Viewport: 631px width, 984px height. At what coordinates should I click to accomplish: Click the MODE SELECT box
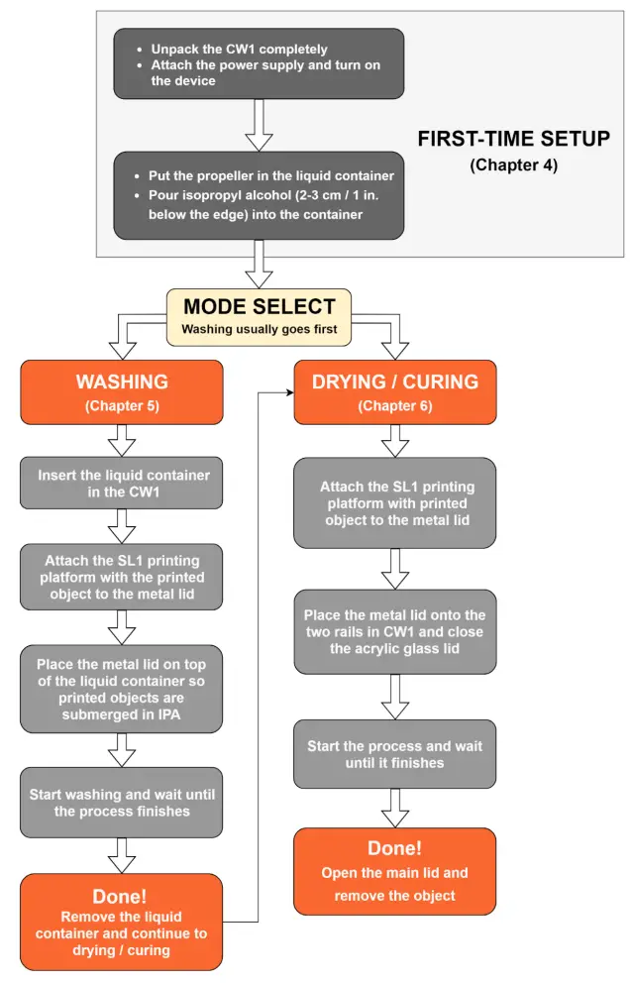tap(260, 317)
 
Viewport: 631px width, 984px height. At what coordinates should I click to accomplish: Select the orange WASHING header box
tap(122, 391)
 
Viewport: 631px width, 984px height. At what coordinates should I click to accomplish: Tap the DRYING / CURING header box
tap(394, 391)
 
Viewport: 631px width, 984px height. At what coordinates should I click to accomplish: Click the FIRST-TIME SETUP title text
tap(513, 139)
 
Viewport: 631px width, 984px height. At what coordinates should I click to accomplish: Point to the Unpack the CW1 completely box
tap(259, 63)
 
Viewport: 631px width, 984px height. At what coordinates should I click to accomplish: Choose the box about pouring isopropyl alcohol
tap(259, 195)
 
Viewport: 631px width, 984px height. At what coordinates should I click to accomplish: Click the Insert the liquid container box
tap(122, 484)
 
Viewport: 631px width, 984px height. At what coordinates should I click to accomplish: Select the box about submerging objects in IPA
tap(122, 689)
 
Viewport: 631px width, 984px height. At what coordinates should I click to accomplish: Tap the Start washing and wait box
tap(122, 803)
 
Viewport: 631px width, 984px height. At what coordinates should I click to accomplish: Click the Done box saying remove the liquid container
tap(122, 922)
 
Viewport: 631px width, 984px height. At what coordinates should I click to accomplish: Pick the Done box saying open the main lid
tap(394, 871)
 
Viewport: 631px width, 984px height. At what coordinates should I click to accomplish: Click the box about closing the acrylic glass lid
tap(394, 631)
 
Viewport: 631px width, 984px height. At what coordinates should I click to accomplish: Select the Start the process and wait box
tap(394, 754)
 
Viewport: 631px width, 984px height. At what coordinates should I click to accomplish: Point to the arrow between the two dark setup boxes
tap(259, 125)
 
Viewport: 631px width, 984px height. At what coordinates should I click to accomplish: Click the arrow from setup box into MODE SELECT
tap(260, 264)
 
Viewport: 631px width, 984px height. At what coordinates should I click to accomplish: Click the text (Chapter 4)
tap(513, 165)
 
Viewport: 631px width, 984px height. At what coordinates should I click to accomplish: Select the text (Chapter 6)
tap(394, 406)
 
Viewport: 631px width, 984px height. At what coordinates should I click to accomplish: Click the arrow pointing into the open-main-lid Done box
tap(394, 808)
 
